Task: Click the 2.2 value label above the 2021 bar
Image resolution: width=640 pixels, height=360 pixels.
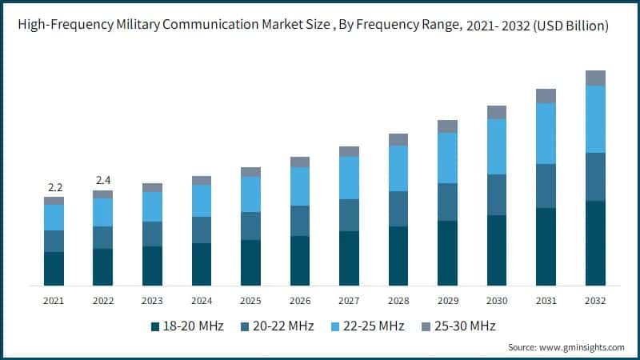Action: pyautogui.click(x=55, y=187)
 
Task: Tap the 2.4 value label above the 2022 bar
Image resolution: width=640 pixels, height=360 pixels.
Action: pyautogui.click(x=104, y=180)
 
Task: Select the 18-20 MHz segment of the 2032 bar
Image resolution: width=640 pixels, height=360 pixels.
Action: pyautogui.click(x=595, y=242)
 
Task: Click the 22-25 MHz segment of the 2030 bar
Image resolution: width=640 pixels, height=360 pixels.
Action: pyautogui.click(x=497, y=146)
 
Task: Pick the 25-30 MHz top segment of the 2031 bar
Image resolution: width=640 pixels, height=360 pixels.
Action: pyautogui.click(x=546, y=96)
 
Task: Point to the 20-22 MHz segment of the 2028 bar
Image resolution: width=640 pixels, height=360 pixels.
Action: pyautogui.click(x=398, y=209)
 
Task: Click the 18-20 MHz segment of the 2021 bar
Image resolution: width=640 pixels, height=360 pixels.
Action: pyautogui.click(x=54, y=268)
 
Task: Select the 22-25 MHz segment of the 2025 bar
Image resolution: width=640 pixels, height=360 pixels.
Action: pyautogui.click(x=250, y=194)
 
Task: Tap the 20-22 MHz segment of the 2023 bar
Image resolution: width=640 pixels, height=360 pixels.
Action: pyautogui.click(x=152, y=234)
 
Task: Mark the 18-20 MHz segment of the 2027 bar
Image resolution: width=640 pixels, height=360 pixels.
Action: pyautogui.click(x=349, y=258)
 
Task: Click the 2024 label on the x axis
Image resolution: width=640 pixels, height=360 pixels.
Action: pyautogui.click(x=202, y=301)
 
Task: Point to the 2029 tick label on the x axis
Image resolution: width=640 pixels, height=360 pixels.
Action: pyautogui.click(x=447, y=301)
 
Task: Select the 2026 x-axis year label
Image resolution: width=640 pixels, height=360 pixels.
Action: pyautogui.click(x=300, y=301)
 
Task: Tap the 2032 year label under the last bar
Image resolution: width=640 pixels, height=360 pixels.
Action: pyautogui.click(x=595, y=301)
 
